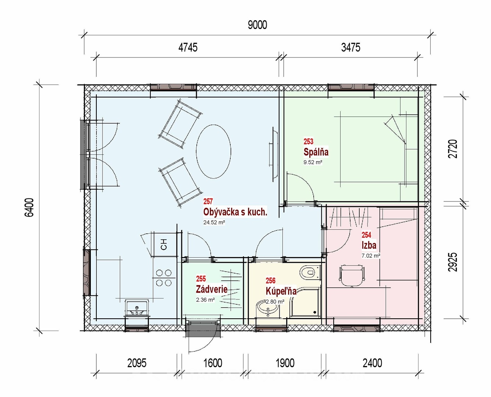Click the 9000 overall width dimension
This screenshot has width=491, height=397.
coord(257,25)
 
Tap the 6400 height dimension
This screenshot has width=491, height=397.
coord(29,207)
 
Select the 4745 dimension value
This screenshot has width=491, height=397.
coord(188,47)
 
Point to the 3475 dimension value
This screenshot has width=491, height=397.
coord(351,47)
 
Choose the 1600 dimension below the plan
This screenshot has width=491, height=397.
coord(213,363)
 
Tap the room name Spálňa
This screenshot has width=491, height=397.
coord(316,152)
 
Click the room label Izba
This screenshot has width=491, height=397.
coord(369,246)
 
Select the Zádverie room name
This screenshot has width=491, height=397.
coord(211,289)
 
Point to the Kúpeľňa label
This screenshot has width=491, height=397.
coord(281,291)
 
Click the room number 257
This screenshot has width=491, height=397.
coord(208,201)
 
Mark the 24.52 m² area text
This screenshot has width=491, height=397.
coord(214,222)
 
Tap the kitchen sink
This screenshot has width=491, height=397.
coord(136,308)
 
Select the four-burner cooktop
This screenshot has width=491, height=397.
coord(164,278)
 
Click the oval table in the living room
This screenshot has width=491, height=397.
coord(213,151)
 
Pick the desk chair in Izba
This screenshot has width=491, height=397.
coord(352,276)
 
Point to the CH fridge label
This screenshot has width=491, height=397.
coord(164,244)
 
